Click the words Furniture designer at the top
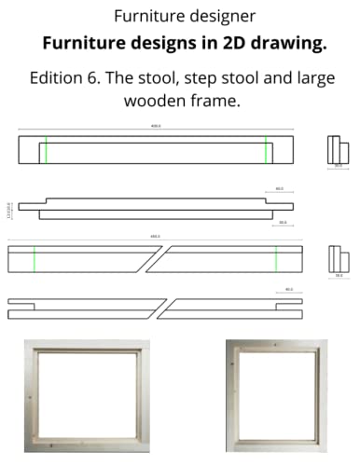(179, 17)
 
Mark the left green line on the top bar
(43, 149)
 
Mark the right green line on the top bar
(265, 149)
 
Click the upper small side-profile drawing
(338, 149)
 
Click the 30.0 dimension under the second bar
(282, 223)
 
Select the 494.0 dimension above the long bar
(155, 237)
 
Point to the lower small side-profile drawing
(337, 260)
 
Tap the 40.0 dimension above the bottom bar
(288, 290)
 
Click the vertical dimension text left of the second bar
(7, 207)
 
